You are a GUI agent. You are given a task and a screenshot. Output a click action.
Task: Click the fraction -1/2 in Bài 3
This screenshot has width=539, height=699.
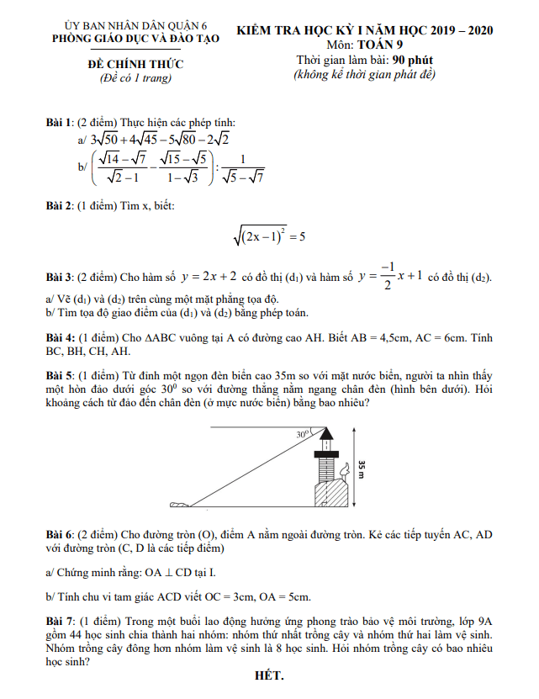coord(387,275)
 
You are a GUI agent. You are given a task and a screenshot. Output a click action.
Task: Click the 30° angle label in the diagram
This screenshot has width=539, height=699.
coord(304,435)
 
